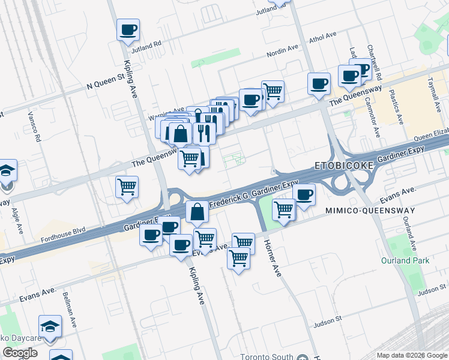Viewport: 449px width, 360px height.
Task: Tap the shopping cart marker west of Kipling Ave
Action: click(127, 187)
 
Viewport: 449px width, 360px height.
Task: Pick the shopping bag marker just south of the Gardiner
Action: click(197, 212)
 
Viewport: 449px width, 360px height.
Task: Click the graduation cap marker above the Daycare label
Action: click(50, 326)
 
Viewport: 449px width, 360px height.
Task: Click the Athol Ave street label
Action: click(322, 37)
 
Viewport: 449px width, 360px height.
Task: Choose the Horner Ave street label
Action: click(273, 257)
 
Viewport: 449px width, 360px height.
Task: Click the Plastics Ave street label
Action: click(396, 108)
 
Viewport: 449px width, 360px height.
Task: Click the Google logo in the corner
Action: click(20, 353)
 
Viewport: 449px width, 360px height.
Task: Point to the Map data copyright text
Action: click(412, 355)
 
